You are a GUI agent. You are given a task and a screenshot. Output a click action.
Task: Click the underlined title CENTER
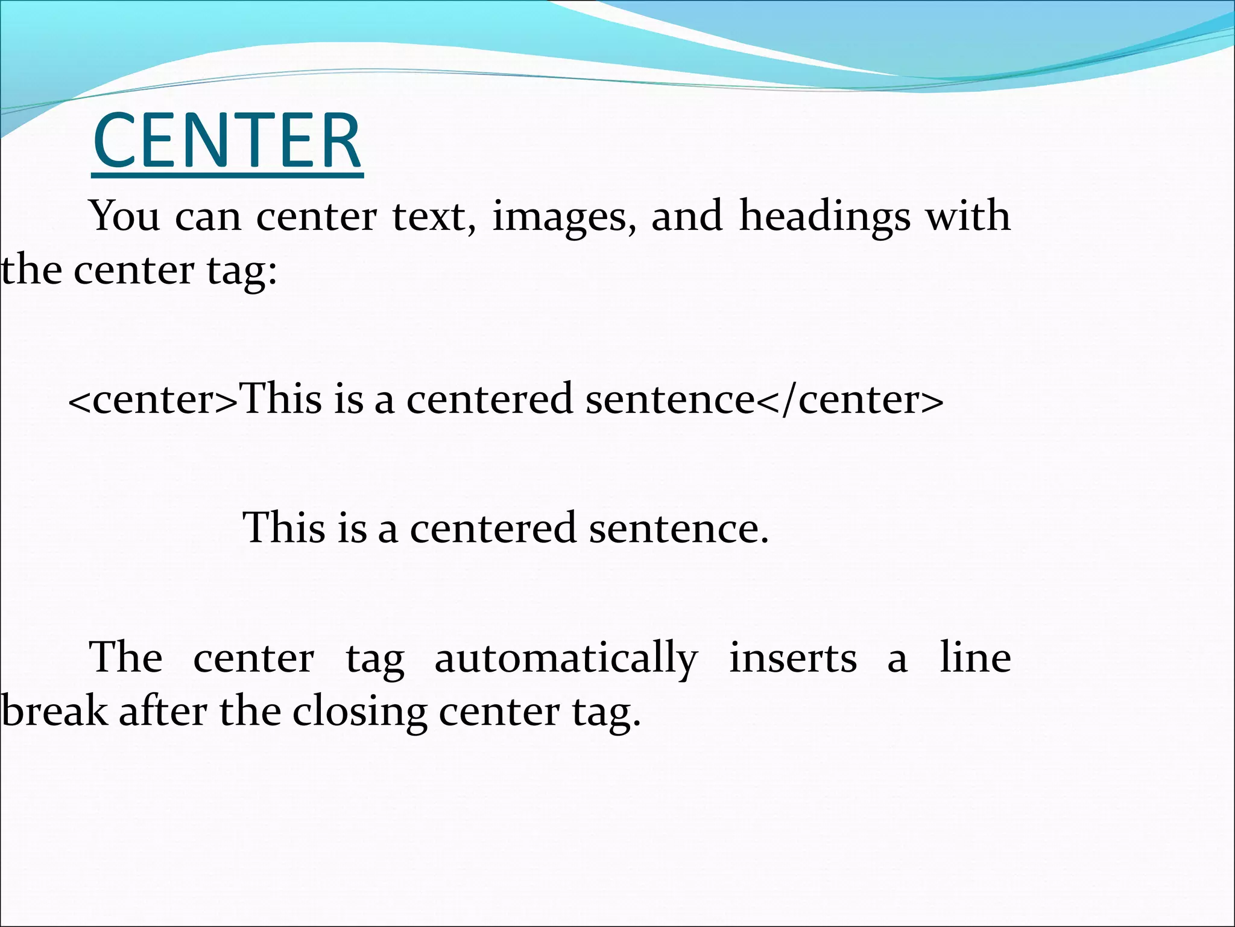(x=227, y=142)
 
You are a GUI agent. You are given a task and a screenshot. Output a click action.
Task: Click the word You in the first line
(x=125, y=216)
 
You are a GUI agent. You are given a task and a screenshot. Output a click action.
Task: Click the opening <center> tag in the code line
(x=154, y=400)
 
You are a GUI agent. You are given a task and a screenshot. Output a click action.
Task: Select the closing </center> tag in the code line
(x=849, y=400)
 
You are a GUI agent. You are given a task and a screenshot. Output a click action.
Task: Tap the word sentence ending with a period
(x=678, y=528)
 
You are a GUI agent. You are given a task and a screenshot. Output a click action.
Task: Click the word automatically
(x=566, y=659)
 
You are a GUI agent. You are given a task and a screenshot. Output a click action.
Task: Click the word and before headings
(x=686, y=216)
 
